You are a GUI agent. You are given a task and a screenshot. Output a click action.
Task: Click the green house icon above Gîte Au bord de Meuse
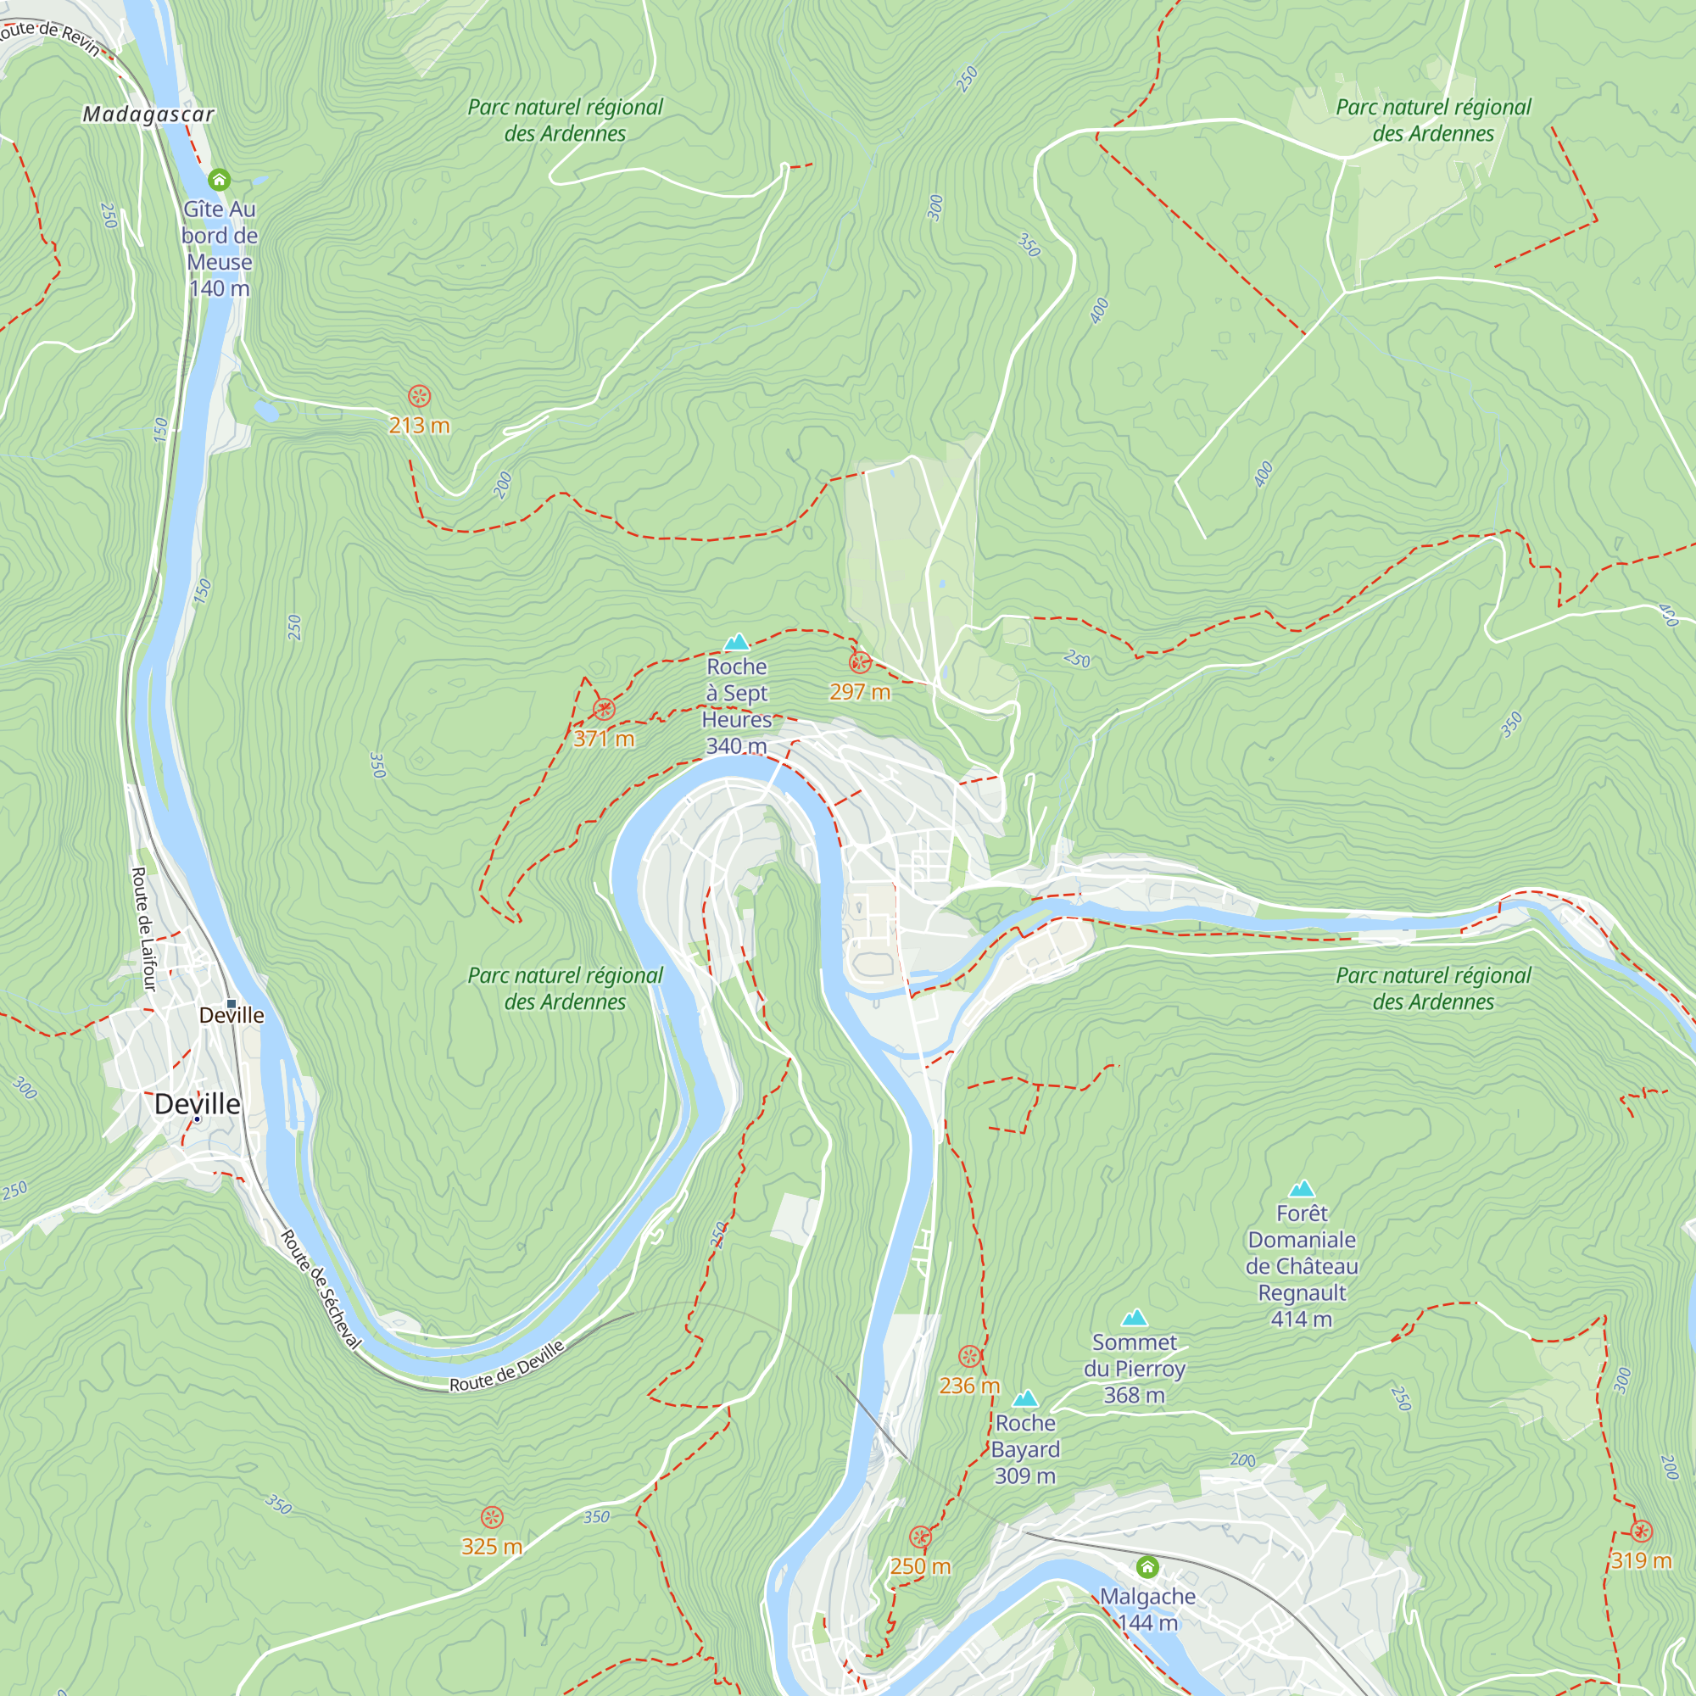point(219,180)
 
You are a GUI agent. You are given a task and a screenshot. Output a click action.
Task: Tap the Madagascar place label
point(148,114)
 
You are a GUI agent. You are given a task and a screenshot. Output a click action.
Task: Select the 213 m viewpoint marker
point(420,396)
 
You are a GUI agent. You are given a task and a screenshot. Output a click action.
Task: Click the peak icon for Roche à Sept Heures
point(737,642)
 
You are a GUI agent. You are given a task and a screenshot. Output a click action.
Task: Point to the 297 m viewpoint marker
point(860,663)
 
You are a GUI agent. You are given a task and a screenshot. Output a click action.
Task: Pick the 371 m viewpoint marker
point(604,709)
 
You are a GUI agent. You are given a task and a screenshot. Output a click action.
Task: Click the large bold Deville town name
point(197,1104)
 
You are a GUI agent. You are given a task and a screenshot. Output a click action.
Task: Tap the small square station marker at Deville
point(232,1003)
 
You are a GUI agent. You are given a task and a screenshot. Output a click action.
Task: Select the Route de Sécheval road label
point(321,1290)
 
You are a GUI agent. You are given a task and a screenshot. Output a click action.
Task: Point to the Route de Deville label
point(506,1367)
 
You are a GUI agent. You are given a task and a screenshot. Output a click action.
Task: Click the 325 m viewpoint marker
point(493,1517)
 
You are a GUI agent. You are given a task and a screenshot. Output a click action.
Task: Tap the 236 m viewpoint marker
point(969,1356)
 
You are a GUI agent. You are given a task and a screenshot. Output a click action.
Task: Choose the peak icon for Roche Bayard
point(1025,1398)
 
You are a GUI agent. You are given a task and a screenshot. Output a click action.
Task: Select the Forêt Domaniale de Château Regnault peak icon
point(1302,1190)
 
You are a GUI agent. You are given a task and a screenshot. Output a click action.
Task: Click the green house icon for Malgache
point(1147,1567)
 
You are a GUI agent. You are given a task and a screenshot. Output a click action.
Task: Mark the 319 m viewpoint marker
point(1642,1531)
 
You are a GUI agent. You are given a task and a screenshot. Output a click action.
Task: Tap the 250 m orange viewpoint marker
point(920,1537)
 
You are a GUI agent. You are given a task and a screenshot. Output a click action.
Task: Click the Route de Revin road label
point(51,36)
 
